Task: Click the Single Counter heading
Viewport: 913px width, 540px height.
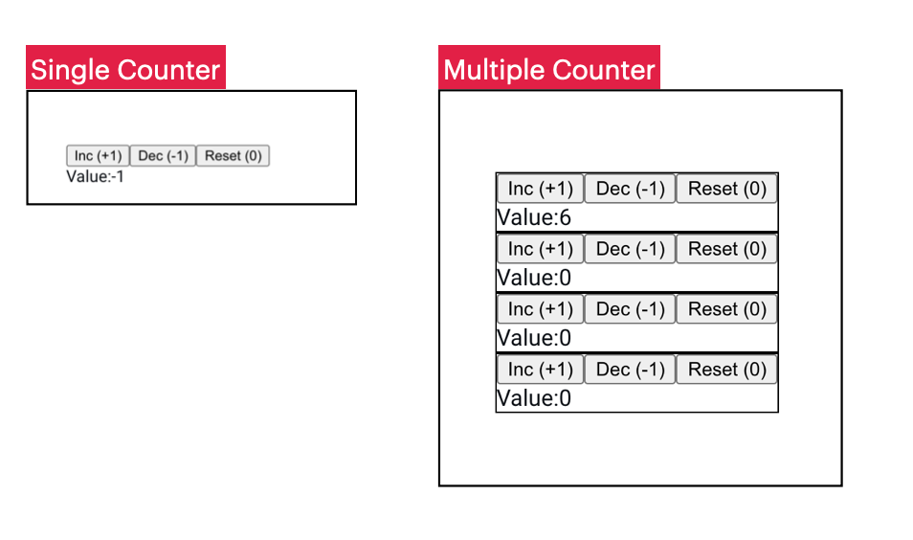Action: (x=125, y=69)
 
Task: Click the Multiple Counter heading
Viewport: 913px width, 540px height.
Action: (x=549, y=69)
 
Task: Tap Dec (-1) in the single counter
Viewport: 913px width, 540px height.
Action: (x=163, y=156)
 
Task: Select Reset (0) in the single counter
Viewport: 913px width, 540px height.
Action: (x=233, y=156)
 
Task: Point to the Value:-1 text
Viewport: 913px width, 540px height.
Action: (x=96, y=176)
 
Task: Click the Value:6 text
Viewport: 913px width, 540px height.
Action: (x=534, y=217)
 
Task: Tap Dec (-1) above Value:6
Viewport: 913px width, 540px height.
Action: (x=630, y=189)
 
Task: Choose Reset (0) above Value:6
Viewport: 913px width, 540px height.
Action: (x=727, y=189)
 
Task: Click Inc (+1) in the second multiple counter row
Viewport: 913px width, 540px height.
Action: (x=540, y=249)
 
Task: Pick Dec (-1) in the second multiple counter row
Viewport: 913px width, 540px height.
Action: (x=630, y=249)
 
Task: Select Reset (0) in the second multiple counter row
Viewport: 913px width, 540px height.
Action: (x=727, y=249)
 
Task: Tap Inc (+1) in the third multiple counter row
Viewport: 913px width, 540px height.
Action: (x=540, y=309)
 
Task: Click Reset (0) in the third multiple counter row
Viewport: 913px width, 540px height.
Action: (x=727, y=309)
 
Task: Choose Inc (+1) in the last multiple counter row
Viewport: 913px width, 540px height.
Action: (x=540, y=370)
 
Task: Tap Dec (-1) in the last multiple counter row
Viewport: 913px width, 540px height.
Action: (x=630, y=370)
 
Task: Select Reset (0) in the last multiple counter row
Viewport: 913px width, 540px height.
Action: (x=727, y=370)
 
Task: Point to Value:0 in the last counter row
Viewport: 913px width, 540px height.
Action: (x=534, y=398)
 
